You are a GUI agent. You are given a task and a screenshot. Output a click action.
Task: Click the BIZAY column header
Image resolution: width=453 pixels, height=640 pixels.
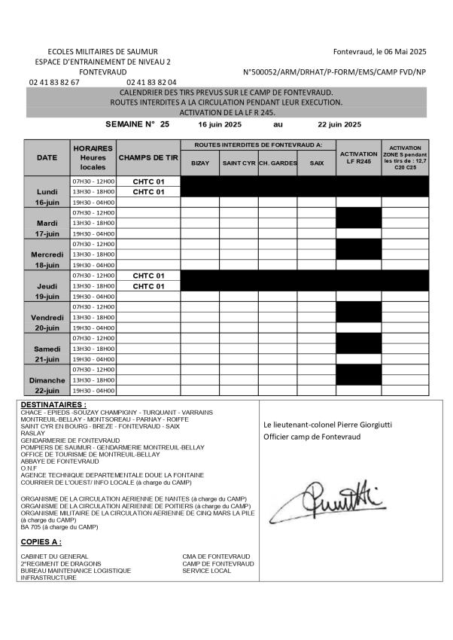click(200, 163)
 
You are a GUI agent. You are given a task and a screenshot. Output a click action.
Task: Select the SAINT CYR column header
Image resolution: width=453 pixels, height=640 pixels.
click(239, 163)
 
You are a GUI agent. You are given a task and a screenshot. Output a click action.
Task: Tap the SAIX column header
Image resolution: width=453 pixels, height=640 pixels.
click(316, 163)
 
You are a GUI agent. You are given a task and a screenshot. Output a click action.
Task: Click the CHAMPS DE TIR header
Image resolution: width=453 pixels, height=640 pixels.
click(148, 157)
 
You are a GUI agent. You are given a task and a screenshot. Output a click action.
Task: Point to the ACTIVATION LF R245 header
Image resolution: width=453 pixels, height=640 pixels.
click(358, 157)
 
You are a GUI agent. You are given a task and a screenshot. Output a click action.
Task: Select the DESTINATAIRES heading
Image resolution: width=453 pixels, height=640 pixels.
click(53, 405)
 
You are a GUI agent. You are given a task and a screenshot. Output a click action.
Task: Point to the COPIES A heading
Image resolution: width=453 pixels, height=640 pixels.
click(41, 542)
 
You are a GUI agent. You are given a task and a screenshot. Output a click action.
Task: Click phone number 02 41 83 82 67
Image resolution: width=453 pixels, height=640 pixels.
click(54, 82)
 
